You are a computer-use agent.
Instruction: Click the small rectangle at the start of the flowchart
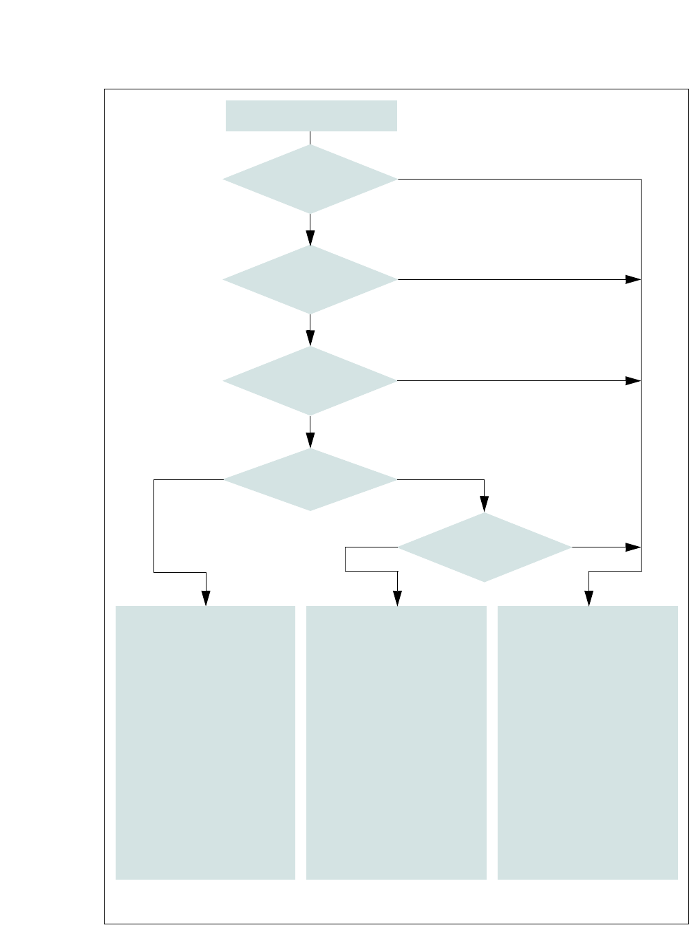click(x=311, y=116)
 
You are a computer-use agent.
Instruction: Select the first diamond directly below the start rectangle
click(x=310, y=180)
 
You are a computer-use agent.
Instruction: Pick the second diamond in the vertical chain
click(x=310, y=280)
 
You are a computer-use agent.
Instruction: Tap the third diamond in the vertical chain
click(x=310, y=380)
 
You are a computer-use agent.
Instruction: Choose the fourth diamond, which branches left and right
click(x=310, y=479)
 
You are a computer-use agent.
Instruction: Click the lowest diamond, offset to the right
click(x=485, y=547)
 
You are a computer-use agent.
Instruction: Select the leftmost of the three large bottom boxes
click(x=205, y=742)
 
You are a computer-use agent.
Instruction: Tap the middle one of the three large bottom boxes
click(x=396, y=742)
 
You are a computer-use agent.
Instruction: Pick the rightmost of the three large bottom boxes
click(x=588, y=742)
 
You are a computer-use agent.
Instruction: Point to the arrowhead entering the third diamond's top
click(x=310, y=338)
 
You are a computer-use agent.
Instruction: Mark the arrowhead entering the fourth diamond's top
click(x=310, y=441)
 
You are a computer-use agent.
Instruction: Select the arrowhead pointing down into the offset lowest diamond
click(x=485, y=506)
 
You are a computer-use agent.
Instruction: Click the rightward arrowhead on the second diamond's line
click(x=633, y=280)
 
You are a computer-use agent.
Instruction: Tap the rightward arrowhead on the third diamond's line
click(x=633, y=380)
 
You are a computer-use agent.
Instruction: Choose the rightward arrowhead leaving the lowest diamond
click(x=633, y=547)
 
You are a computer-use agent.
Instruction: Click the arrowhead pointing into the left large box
click(x=206, y=598)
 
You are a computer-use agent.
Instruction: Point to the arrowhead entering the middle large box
click(x=397, y=598)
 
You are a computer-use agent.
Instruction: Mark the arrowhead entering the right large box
click(x=589, y=598)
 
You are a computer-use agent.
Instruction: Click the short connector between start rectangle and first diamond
click(x=310, y=138)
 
